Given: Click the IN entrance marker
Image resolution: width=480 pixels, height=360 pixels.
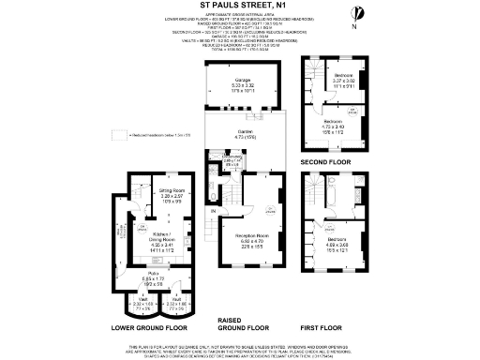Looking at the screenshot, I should (214, 212).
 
